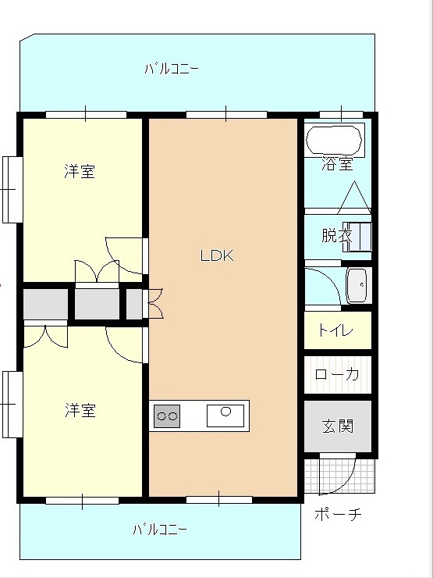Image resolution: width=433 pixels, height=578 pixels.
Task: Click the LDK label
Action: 217,255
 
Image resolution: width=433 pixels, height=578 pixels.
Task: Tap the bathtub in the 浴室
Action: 334,140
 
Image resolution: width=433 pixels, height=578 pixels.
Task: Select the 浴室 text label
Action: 337,164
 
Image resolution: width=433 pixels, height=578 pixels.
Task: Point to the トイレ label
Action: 335,330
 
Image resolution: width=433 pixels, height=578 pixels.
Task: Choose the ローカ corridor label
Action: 337,374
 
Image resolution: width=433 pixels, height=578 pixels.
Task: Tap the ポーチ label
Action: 338,514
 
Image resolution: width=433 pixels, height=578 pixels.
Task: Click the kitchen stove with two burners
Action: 167,416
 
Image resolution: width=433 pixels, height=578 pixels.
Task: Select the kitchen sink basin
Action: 225,416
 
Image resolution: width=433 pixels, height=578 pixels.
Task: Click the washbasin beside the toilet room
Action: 357,286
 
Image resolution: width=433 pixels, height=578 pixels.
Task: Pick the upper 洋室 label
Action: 80,172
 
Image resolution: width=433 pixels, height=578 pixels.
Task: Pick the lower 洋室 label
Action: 80,410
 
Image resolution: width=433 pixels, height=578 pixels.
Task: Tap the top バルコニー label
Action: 172,69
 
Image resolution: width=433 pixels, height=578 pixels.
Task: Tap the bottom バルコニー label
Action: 160,530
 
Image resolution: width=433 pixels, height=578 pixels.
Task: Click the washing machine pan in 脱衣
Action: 357,237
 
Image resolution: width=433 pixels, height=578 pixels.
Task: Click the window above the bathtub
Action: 341,114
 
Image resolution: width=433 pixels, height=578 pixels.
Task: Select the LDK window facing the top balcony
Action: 226,114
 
